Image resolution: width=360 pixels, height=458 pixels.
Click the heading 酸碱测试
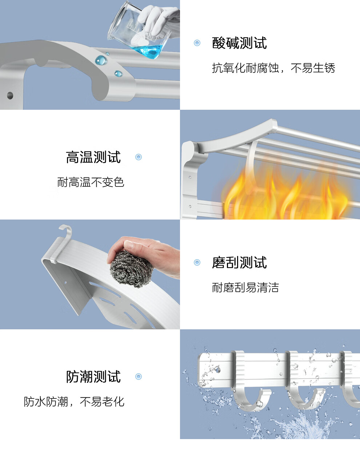point(239,43)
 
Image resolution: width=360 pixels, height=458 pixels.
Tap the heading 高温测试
point(93,157)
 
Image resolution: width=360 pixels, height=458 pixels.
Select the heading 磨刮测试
point(239,262)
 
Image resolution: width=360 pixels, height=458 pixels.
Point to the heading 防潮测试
point(93,377)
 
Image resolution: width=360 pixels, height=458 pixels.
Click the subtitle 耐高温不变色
point(91,182)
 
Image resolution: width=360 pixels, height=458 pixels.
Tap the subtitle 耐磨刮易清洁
point(245,288)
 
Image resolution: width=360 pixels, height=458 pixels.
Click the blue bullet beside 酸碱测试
point(197,43)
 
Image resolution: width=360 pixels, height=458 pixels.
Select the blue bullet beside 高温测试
point(139,157)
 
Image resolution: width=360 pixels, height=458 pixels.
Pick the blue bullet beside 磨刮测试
point(197,262)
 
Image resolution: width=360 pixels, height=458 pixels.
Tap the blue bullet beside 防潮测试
point(139,377)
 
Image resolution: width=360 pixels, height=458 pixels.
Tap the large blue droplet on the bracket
point(101,60)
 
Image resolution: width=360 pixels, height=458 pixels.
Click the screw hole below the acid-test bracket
point(10,96)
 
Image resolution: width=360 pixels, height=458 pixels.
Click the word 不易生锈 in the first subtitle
point(313,68)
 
